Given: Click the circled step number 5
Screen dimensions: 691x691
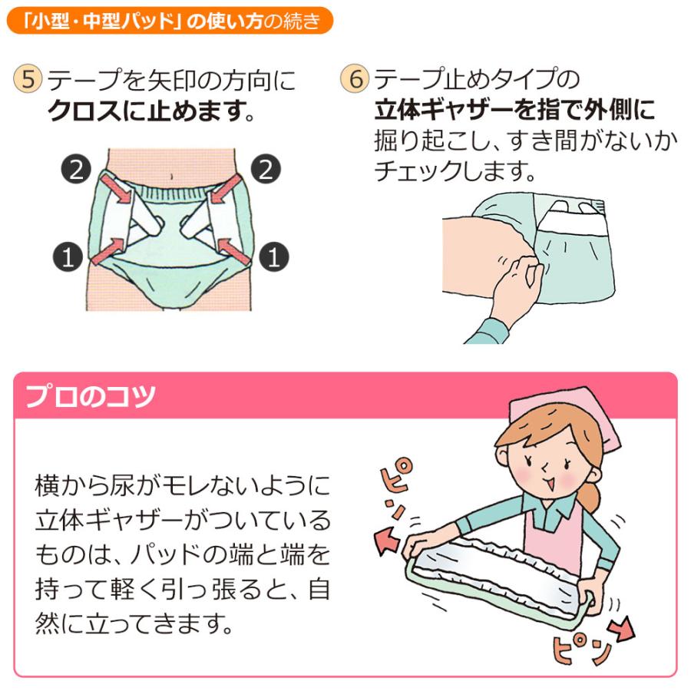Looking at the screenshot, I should (x=28, y=80).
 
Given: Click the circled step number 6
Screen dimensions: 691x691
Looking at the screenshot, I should (x=354, y=80).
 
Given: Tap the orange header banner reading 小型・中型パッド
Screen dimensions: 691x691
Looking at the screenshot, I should (x=170, y=21).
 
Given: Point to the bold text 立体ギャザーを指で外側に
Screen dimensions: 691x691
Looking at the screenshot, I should (x=514, y=111).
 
